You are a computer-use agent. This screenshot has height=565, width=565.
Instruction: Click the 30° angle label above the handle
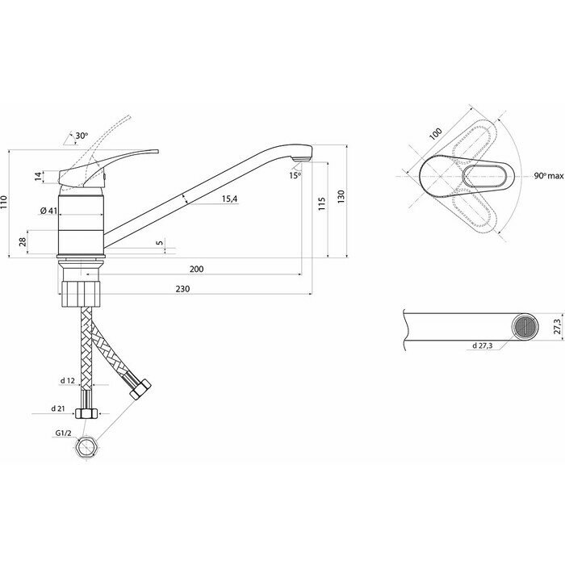(x=82, y=136)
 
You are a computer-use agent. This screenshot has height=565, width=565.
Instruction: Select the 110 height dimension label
(x=5, y=203)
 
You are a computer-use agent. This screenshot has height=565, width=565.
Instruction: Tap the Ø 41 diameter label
(x=48, y=211)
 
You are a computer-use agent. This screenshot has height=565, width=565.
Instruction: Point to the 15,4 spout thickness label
(x=229, y=200)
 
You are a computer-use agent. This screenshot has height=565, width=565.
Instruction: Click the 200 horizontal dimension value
(x=196, y=269)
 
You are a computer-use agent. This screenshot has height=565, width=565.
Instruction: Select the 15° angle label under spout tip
(x=295, y=175)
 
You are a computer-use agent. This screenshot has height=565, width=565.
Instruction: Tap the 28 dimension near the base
(x=23, y=241)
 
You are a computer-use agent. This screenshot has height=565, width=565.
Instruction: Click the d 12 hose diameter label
(x=68, y=380)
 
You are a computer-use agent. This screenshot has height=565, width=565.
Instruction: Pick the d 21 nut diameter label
(x=57, y=408)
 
